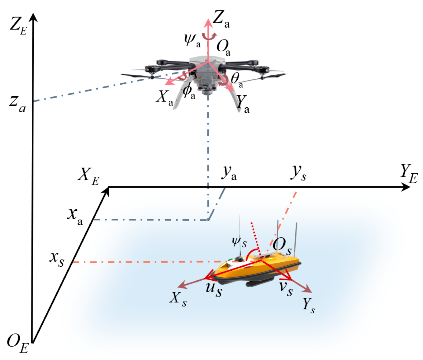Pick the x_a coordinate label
75,216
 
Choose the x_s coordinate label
57,259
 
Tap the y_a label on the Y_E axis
229,173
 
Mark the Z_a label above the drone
221,20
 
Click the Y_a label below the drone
243,103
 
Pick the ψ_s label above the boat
239,242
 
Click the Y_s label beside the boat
308,305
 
